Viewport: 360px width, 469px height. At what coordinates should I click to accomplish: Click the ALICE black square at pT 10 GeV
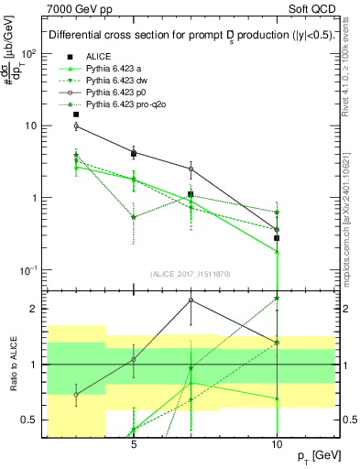click(x=277, y=238)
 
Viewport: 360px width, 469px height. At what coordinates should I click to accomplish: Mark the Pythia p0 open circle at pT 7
click(x=191, y=169)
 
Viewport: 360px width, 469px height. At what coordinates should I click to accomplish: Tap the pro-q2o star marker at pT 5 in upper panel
click(x=134, y=217)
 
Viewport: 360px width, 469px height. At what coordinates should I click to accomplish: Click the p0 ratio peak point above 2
click(x=191, y=300)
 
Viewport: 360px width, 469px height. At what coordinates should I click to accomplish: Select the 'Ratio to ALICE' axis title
click(x=12, y=365)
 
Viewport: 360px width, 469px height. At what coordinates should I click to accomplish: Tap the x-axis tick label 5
click(x=134, y=439)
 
